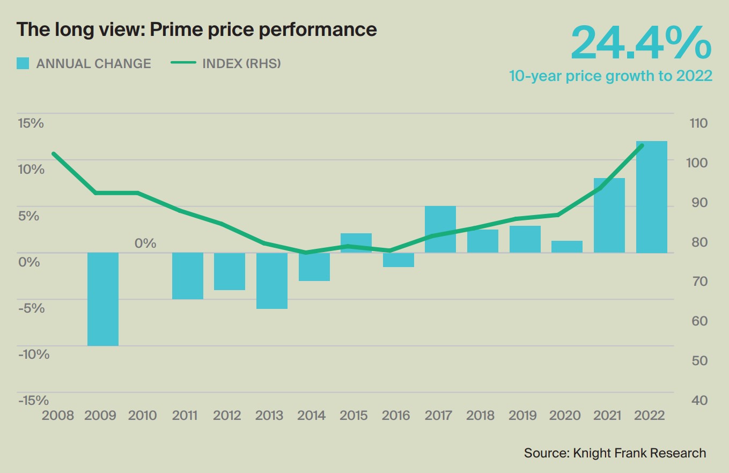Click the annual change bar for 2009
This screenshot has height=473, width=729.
click(103, 299)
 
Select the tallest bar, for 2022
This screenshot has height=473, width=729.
click(652, 197)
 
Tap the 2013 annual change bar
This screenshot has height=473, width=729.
click(272, 280)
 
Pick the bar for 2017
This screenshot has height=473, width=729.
click(440, 229)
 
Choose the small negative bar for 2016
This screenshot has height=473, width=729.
click(399, 260)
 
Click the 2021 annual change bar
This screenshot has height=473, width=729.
click(609, 215)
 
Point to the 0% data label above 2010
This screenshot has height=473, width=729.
click(145, 243)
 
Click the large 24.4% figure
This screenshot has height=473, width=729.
click(641, 43)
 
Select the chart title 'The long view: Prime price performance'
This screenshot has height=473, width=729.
click(196, 29)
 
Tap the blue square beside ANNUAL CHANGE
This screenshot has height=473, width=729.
click(23, 63)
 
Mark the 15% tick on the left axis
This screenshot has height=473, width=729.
click(31, 123)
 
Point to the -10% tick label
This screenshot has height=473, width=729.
click(33, 354)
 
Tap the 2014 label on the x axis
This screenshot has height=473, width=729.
click(312, 416)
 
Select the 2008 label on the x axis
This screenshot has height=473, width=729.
click(58, 416)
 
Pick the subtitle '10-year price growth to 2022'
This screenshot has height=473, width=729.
click(610, 76)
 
